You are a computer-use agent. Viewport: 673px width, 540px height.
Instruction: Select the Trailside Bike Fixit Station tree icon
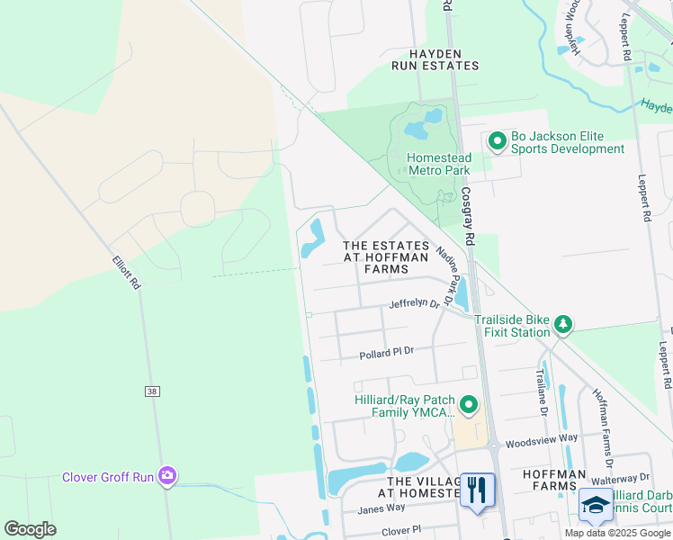563,324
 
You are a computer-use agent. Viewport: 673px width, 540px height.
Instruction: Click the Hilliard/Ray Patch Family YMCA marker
468,406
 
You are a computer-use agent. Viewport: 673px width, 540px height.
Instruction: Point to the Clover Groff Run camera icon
166,476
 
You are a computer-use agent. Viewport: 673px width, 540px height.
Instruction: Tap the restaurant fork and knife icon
477,490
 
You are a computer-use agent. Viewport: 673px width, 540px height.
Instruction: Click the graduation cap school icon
595,506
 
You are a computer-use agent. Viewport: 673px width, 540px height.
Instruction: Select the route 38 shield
151,391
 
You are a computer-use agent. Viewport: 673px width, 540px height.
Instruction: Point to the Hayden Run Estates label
435,59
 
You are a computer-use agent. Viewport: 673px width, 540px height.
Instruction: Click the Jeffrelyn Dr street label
414,304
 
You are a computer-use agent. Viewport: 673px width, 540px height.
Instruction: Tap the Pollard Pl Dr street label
386,354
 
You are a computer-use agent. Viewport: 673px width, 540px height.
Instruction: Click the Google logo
30,529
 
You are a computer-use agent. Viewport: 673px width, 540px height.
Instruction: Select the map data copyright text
617,533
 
